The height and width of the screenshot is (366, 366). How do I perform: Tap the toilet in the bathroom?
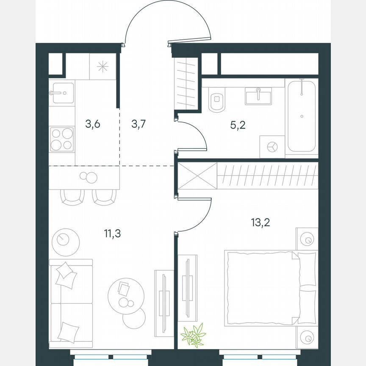[218, 101]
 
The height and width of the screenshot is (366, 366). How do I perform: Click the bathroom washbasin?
[258, 96]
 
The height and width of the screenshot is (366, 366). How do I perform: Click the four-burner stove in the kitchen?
[62, 139]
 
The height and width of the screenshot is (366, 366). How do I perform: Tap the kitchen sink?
[62, 93]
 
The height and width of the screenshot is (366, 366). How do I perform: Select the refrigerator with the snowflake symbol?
[103, 67]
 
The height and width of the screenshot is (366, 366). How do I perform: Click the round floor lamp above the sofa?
[65, 241]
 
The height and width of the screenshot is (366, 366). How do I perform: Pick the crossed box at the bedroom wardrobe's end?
[197, 175]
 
